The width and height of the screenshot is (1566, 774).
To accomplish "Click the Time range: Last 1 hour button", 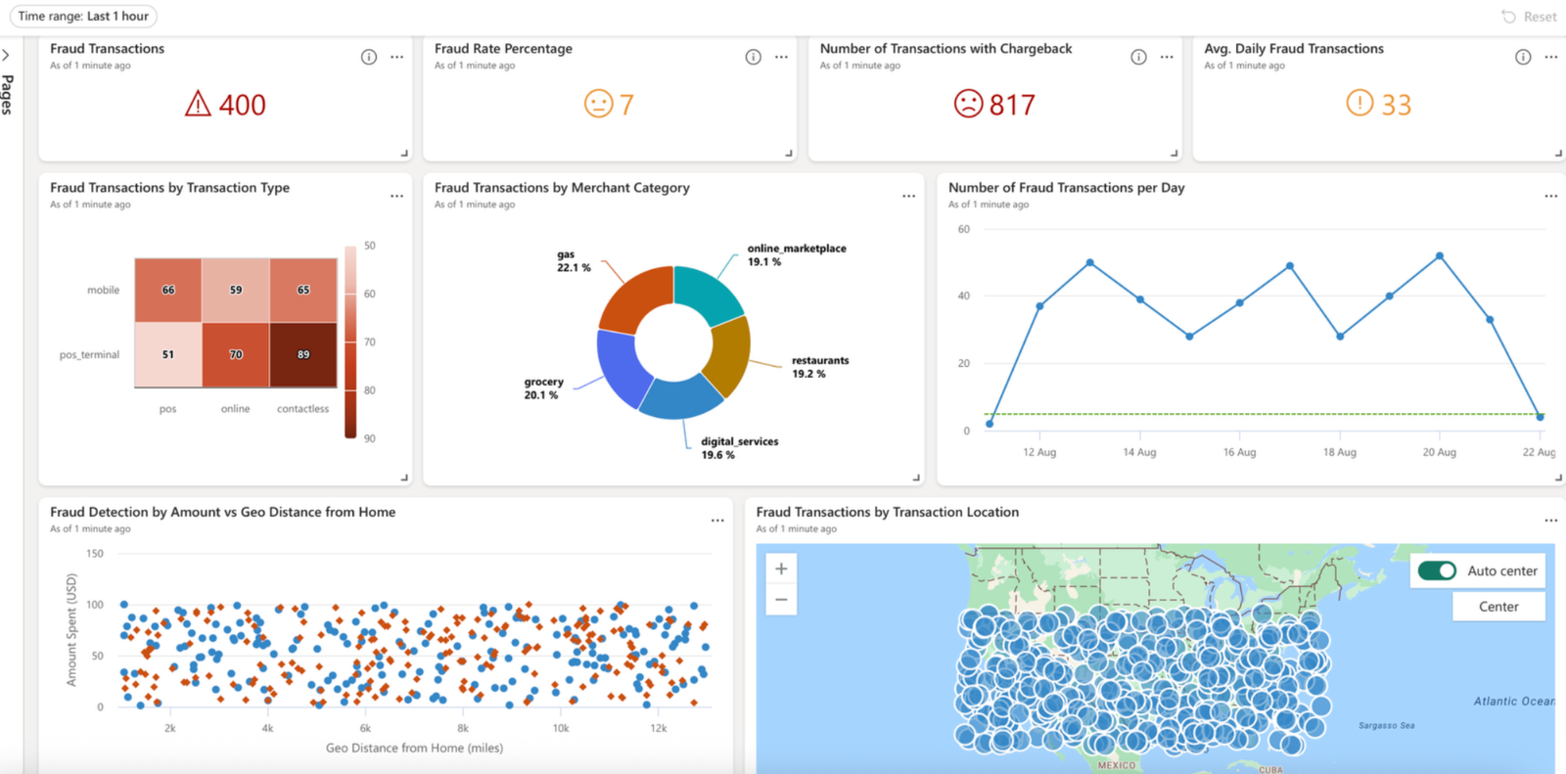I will (83, 17).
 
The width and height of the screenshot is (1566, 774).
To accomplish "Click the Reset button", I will (1529, 17).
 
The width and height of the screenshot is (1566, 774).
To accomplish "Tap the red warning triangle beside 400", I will (198, 104).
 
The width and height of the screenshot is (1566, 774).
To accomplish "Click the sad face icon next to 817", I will (968, 104).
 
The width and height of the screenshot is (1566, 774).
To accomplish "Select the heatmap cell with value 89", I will (303, 354).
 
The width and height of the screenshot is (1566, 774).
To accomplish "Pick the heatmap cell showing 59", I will (236, 290).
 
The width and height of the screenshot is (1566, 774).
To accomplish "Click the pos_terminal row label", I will (89, 354).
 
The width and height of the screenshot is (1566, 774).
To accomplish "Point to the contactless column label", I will (302, 409).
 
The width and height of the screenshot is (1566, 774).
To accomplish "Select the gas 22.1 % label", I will (574, 260).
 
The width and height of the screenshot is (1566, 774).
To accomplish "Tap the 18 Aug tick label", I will (1340, 452).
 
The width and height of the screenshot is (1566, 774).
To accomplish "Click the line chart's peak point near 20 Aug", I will (1440, 256).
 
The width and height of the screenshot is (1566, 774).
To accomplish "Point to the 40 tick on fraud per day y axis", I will (963, 296).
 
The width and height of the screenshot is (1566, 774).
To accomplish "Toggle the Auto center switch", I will (1437, 570).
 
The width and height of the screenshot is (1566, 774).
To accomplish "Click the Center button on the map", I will (1498, 607).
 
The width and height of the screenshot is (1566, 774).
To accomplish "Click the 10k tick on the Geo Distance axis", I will (561, 728).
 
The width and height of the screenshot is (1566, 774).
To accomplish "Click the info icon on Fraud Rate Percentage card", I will (753, 57).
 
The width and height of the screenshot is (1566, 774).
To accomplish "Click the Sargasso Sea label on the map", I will (1386, 725).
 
